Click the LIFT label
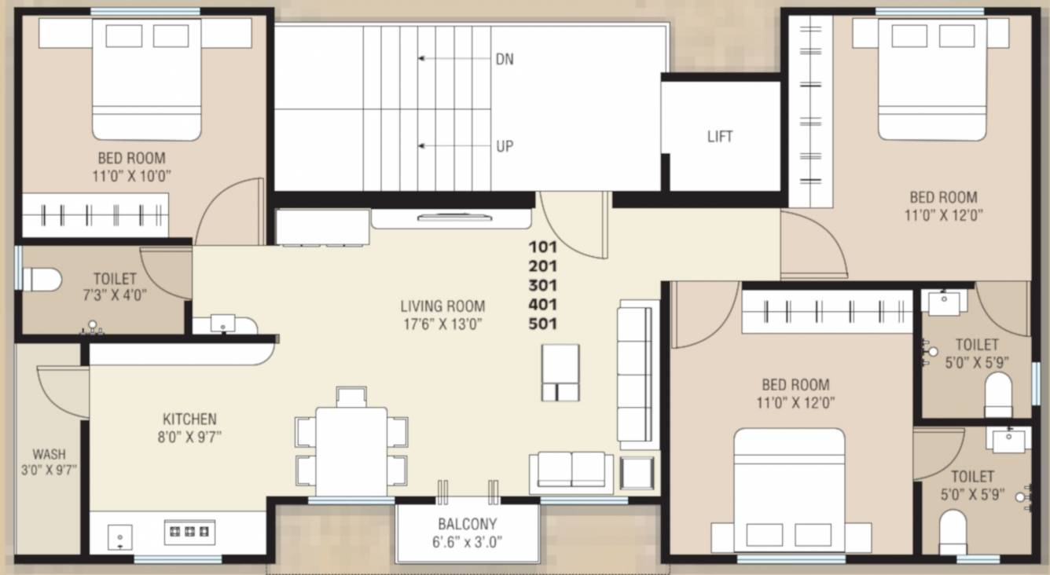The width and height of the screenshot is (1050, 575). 720,137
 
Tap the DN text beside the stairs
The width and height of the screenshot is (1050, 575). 505,59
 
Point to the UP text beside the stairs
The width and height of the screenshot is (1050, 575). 505,146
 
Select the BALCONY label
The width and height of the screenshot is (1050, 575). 467,524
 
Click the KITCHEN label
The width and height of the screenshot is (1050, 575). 189,419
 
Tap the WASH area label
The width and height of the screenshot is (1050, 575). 49,454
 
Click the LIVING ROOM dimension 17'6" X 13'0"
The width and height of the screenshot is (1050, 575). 442,323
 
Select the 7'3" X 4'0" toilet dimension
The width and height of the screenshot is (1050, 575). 115,295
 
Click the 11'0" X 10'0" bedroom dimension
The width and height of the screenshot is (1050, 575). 131,174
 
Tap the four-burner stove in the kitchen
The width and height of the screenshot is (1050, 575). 189,532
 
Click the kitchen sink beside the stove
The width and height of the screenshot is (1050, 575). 119,537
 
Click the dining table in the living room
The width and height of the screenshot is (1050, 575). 351,450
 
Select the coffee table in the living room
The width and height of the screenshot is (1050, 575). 560,372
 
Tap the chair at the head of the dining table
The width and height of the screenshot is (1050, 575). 351,396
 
